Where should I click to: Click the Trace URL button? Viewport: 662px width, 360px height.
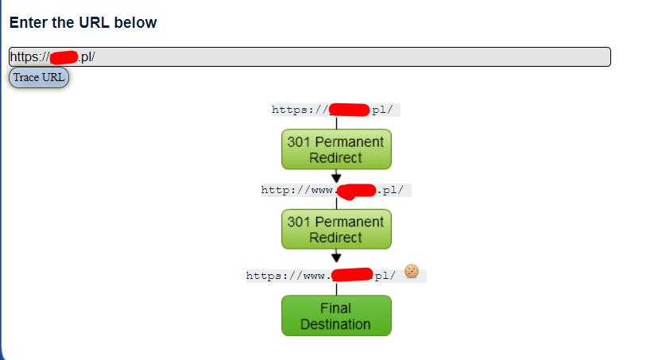tap(39, 77)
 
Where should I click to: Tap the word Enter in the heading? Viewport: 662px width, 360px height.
tap(28, 22)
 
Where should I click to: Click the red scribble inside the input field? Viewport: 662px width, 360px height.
tap(64, 57)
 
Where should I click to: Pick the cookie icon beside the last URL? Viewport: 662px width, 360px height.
tap(411, 271)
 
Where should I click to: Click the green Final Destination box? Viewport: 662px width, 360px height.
tap(336, 315)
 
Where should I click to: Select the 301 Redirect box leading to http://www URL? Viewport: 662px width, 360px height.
tap(336, 149)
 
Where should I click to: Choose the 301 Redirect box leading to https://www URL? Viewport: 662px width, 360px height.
tap(336, 229)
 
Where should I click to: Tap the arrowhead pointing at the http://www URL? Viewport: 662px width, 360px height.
tap(336, 177)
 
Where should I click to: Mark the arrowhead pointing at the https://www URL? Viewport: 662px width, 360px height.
tap(336, 257)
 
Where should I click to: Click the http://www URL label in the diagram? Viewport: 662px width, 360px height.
tap(336, 191)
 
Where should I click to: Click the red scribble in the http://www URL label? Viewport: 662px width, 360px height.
tap(355, 191)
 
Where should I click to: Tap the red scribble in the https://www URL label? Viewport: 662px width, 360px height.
tap(352, 275)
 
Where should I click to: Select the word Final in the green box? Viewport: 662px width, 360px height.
tap(335, 308)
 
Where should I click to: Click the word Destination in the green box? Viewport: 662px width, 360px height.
tap(335, 324)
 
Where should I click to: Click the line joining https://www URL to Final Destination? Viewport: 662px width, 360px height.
tap(336, 289)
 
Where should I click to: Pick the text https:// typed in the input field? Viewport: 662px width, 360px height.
tap(29, 57)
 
